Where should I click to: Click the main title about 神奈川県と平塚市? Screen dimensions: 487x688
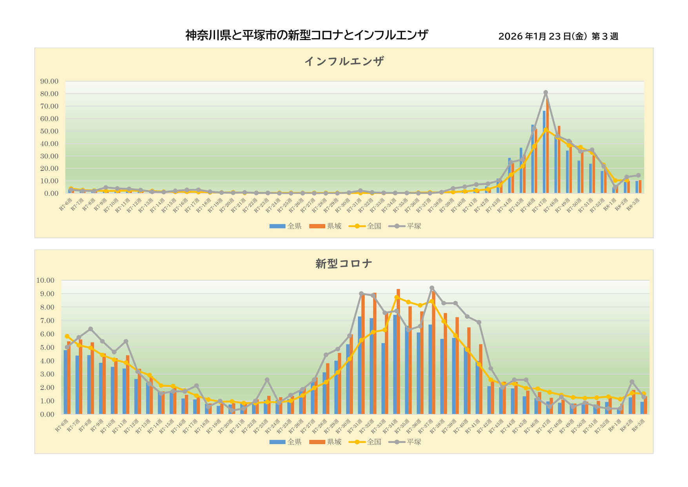(307, 35)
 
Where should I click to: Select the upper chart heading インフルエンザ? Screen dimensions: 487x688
(344, 61)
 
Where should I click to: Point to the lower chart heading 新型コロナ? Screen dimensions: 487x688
(344, 264)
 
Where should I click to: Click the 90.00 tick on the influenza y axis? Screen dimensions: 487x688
(49, 81)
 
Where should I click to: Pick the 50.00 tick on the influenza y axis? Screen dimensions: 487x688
(49, 131)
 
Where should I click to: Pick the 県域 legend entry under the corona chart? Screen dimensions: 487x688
(326, 442)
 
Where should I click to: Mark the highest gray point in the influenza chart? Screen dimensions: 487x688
(546, 93)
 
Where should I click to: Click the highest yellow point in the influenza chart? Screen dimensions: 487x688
(546, 130)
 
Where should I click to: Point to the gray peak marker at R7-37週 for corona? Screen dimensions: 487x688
(432, 288)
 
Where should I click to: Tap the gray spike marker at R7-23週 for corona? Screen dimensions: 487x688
(267, 380)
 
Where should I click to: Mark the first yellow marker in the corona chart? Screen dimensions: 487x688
(67, 336)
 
